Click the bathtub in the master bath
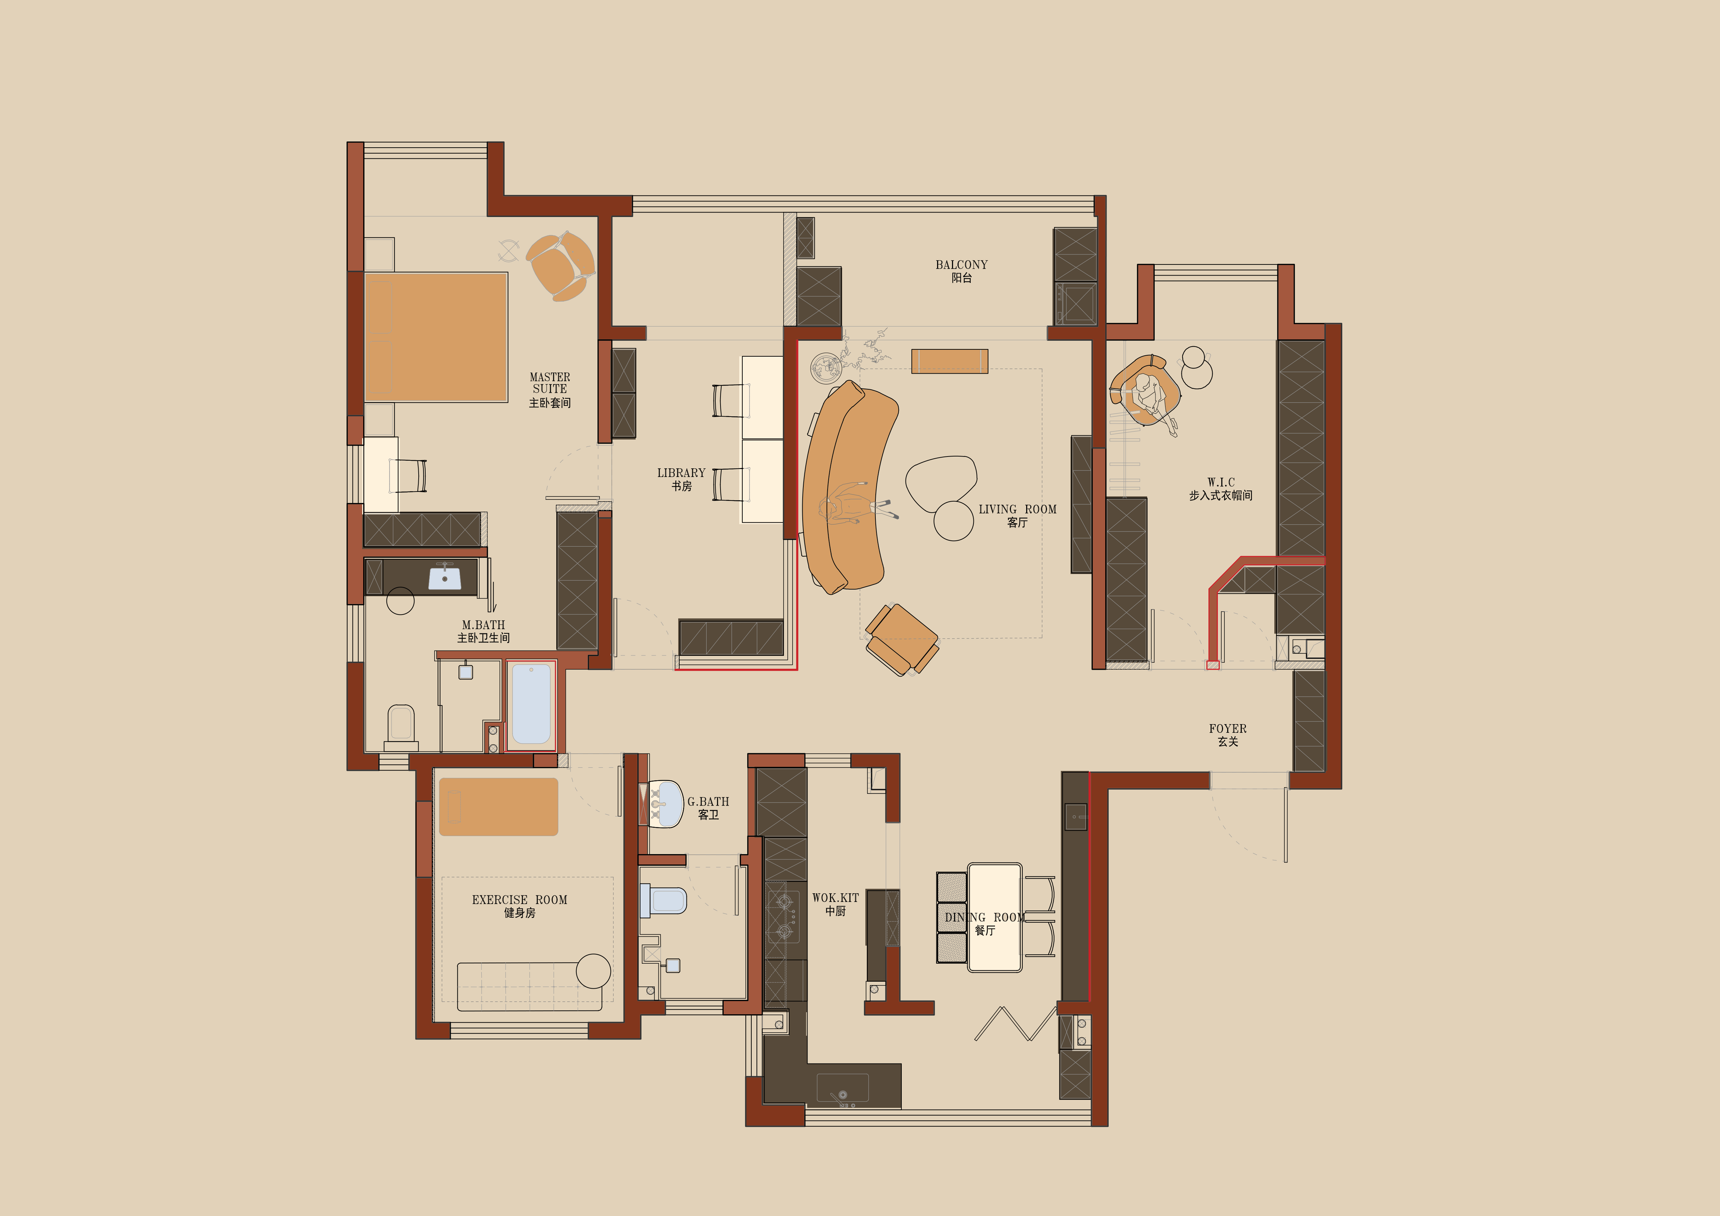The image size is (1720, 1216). click(531, 704)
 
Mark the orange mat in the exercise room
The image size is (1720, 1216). click(498, 806)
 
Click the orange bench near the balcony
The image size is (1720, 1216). click(949, 361)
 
